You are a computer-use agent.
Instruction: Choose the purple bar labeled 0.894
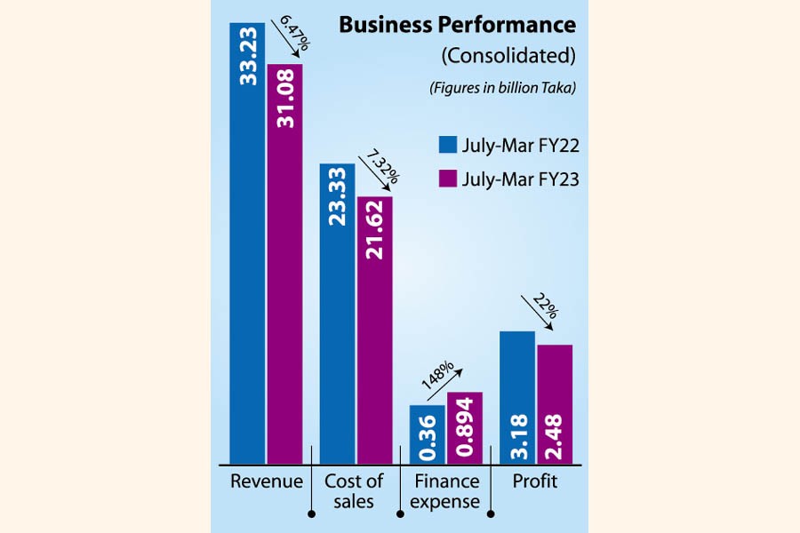[x=465, y=427]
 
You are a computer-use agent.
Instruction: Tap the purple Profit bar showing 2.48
[x=555, y=403]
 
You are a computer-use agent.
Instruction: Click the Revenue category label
[x=267, y=482]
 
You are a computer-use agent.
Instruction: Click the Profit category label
[x=535, y=482]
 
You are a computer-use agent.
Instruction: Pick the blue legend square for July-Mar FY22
[x=448, y=145]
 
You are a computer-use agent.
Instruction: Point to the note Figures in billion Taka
[x=502, y=87]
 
